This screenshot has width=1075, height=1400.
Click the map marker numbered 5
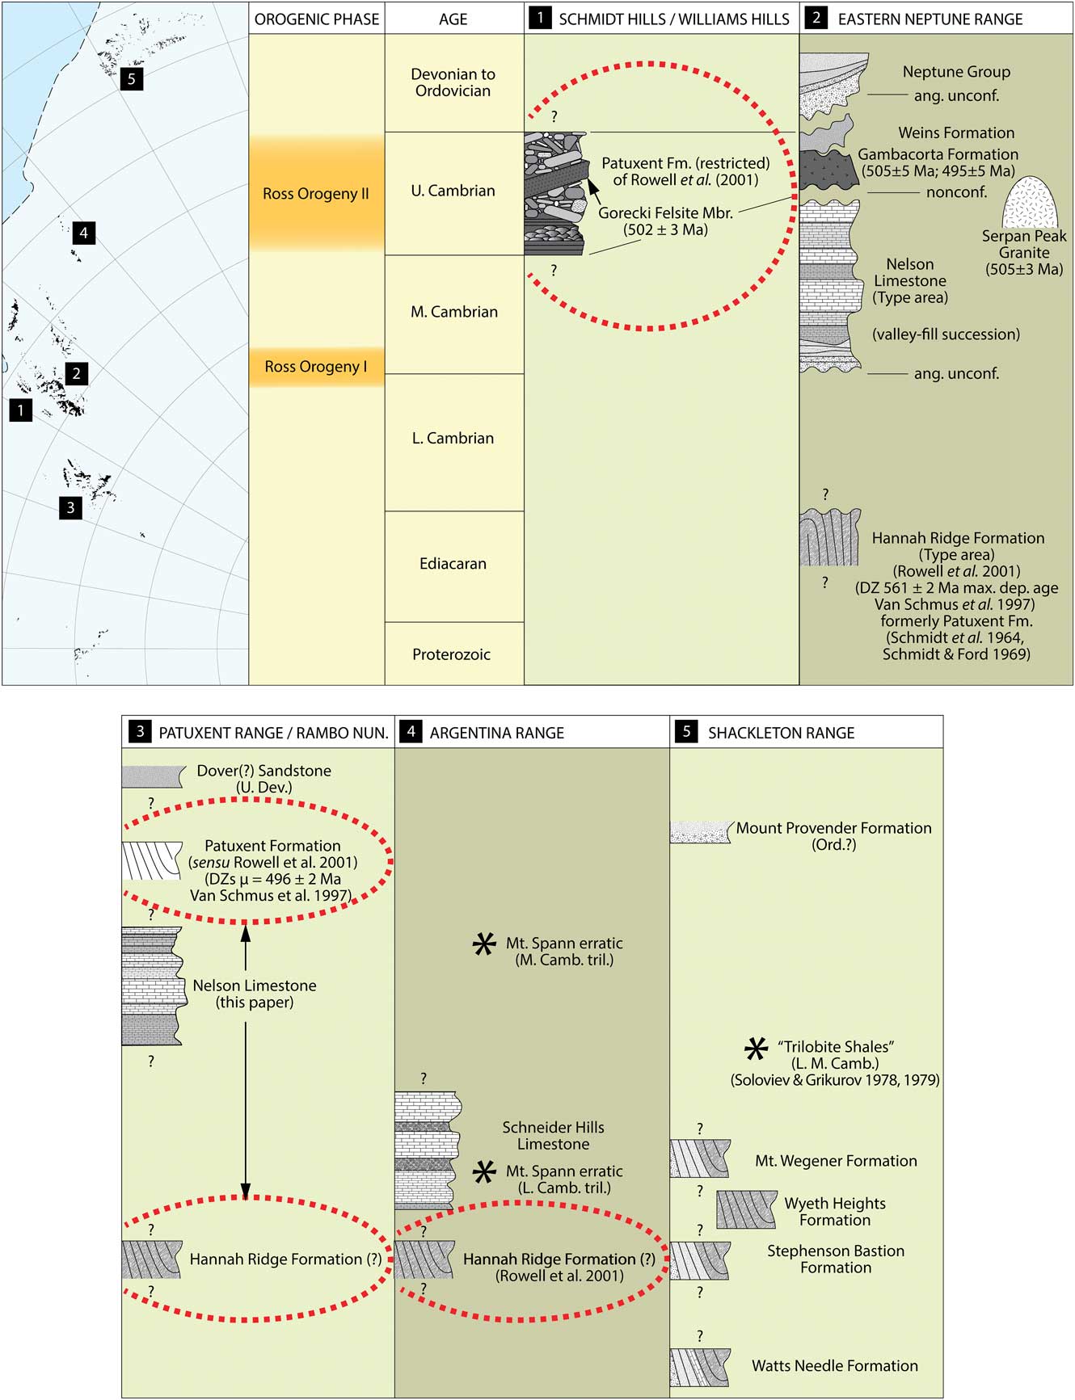coord(131,79)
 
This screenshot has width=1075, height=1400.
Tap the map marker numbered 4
coord(83,233)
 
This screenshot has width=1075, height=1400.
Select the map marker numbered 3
coord(70,507)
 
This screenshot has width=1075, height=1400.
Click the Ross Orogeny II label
coord(316,194)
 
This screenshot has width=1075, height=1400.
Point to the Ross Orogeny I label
coord(316,367)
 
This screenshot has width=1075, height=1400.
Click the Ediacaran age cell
coord(453,565)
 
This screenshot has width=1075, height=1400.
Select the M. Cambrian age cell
coord(453,313)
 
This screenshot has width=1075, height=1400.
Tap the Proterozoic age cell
coord(452,655)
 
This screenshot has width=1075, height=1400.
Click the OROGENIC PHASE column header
coord(317,19)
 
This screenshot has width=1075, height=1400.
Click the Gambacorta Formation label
coord(938,154)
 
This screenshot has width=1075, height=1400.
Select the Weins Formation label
coord(956,132)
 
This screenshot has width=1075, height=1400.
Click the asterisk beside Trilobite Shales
coord(756,1049)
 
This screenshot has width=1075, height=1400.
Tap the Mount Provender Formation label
coord(833,829)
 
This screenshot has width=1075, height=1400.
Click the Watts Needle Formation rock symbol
coord(700,1367)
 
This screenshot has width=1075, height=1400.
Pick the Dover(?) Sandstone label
coord(263,771)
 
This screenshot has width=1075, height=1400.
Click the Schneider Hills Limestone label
coord(553,1136)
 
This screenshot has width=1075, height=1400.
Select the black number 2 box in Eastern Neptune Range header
coord(816,19)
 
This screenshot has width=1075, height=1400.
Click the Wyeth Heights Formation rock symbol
coord(746,1210)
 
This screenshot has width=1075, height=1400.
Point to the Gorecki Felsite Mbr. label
coord(665,213)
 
